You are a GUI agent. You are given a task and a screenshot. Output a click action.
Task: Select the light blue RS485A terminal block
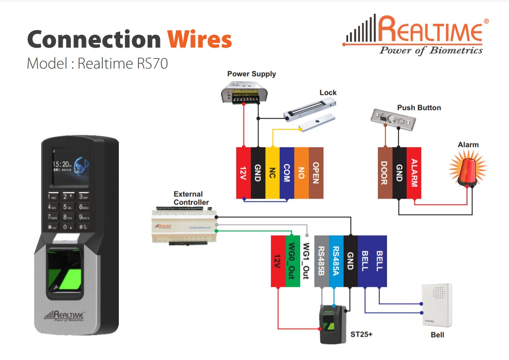coord(336,261)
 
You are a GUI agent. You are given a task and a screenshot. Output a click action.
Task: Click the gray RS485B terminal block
coord(321,261)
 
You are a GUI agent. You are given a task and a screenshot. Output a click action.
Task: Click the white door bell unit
coord(436,305)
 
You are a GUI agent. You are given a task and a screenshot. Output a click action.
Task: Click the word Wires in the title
coord(199,40)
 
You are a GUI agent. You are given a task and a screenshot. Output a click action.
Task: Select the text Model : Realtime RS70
coord(97,63)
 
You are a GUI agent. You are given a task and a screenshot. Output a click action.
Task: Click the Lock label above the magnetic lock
coord(328,92)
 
